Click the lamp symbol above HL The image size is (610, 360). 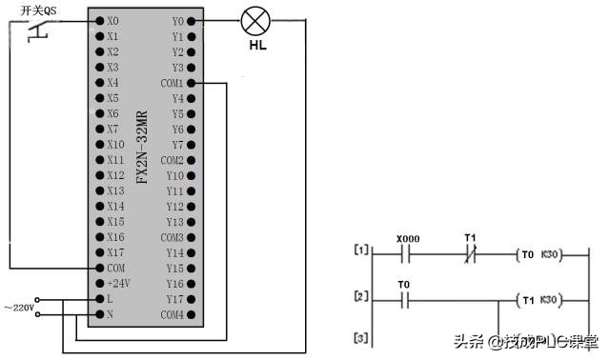254,20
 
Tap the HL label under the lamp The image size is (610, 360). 256,44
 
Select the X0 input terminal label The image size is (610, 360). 113,20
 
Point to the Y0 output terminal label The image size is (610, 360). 177,20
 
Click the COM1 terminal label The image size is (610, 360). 172,83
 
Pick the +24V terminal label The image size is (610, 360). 117,284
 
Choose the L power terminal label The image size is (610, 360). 111,299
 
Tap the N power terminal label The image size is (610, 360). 111,314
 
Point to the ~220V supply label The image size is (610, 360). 19,308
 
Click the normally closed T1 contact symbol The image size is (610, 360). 469,253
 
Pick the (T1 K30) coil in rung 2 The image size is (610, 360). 539,300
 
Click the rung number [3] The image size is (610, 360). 360,338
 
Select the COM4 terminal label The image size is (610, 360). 172,314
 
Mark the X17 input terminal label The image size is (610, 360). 114,252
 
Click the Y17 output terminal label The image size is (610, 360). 174,299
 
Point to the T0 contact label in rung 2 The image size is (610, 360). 404,285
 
